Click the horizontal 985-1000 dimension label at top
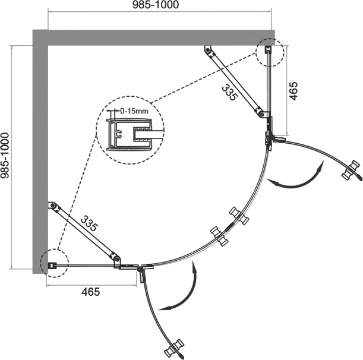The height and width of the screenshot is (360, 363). coord(156,5)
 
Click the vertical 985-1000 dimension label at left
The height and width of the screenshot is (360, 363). coord(5,155)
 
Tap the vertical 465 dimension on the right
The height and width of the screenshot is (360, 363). coord(293,91)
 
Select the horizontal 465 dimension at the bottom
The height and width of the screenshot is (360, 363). coord(90,292)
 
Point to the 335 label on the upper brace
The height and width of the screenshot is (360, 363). coord(229,92)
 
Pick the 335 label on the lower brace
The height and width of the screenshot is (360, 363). coord(89,223)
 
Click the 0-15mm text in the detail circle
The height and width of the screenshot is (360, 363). coord(134,111)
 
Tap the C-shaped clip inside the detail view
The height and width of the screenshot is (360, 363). coord(119,134)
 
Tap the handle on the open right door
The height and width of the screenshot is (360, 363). coord(352,170)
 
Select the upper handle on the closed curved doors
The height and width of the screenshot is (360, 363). coord(239,216)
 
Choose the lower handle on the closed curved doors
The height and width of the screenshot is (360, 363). coord(219,236)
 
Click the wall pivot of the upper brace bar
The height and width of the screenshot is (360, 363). coord(208,50)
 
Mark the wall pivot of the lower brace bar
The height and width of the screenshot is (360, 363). coord(52,206)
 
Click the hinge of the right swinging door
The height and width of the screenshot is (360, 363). coord(270,138)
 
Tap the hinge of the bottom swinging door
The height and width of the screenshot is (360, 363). coord(140,269)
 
